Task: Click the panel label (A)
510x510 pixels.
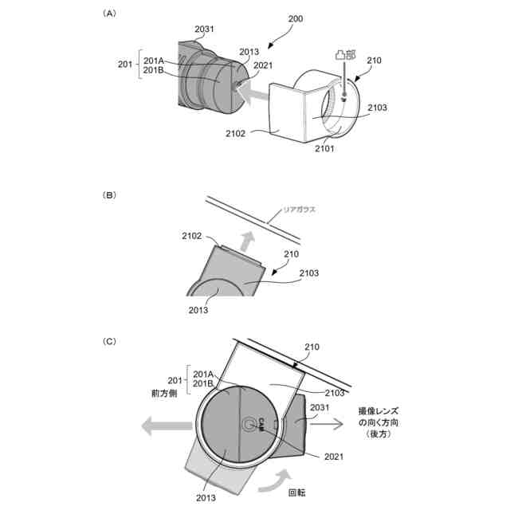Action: pos(110,14)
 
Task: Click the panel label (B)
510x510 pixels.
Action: pos(110,194)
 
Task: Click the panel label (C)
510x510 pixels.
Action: pos(110,341)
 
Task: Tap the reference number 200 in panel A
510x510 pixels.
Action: pos(294,18)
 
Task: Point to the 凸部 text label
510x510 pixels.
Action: pos(345,57)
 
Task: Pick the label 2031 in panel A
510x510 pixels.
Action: pos(204,29)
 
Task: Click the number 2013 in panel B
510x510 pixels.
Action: pos(198,309)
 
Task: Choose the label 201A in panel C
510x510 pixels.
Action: pos(203,374)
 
